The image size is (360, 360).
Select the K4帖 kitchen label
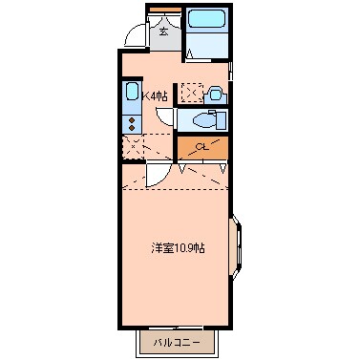[x=156, y=95]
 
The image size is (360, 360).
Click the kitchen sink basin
[x=132, y=95]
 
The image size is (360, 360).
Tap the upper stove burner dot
[x=132, y=117]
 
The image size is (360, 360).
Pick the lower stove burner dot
[x=132, y=127]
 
